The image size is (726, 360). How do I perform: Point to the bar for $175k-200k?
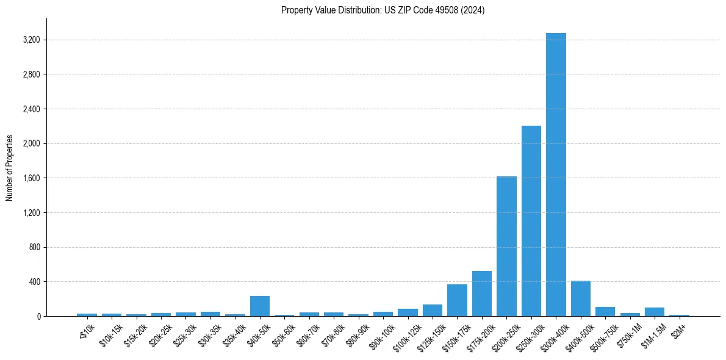pos(482,293)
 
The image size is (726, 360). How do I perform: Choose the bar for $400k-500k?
pos(581,298)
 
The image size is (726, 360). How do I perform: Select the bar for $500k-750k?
pos(605,311)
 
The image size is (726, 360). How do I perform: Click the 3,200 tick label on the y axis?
pos(31,40)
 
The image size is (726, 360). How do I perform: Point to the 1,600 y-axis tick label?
pos(31,178)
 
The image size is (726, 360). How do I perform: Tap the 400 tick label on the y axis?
pos(34,282)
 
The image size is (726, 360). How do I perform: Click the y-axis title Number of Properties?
pos(10,167)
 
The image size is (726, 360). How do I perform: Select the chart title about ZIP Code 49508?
pos(383,10)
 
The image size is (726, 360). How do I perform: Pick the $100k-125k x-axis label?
pos(404,337)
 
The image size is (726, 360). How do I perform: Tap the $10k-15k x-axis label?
pos(109,336)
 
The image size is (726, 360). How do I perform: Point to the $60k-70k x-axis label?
pos(306,336)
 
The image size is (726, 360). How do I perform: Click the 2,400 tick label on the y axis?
pos(31,109)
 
